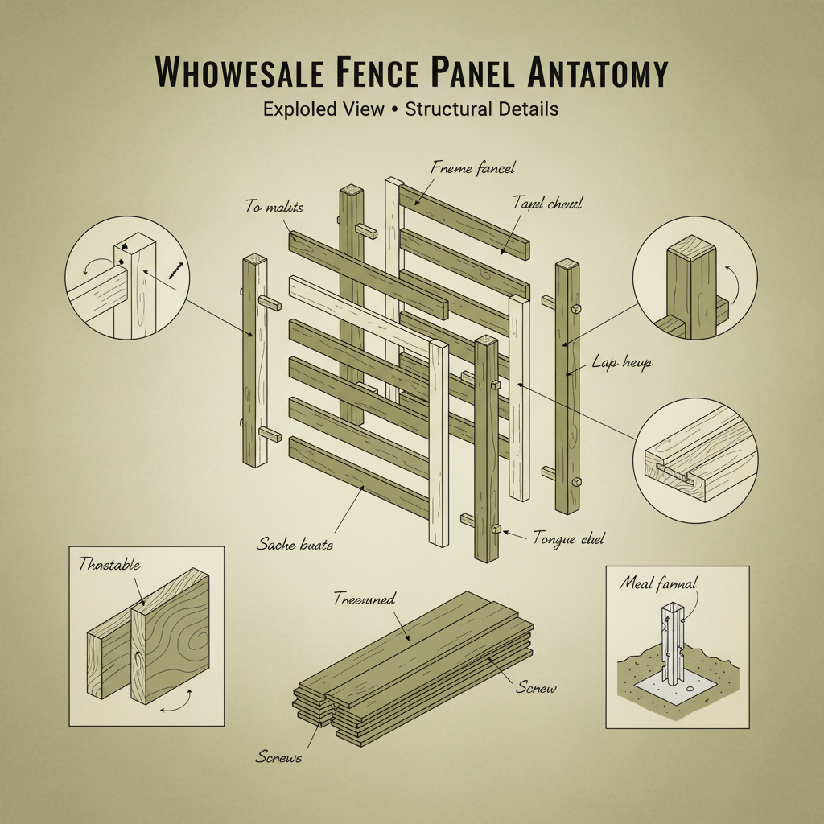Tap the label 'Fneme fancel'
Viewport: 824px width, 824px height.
[x=473, y=169]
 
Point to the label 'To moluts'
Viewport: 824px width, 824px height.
[x=274, y=208]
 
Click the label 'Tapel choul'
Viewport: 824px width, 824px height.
[x=547, y=204]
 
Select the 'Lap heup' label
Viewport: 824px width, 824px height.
[x=621, y=363]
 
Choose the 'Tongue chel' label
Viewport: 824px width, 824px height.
[x=568, y=538]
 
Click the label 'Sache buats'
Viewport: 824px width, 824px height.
[x=295, y=545]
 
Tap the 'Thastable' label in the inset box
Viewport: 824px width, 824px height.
[x=109, y=565]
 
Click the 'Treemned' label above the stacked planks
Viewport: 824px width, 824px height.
[x=364, y=598]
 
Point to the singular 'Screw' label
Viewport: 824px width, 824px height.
[x=536, y=689]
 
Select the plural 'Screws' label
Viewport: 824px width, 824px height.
[x=278, y=757]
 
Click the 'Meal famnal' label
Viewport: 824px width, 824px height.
[x=658, y=583]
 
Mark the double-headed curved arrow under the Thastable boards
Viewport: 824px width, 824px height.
[x=177, y=702]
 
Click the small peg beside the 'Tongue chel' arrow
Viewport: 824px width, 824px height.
[x=496, y=530]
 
